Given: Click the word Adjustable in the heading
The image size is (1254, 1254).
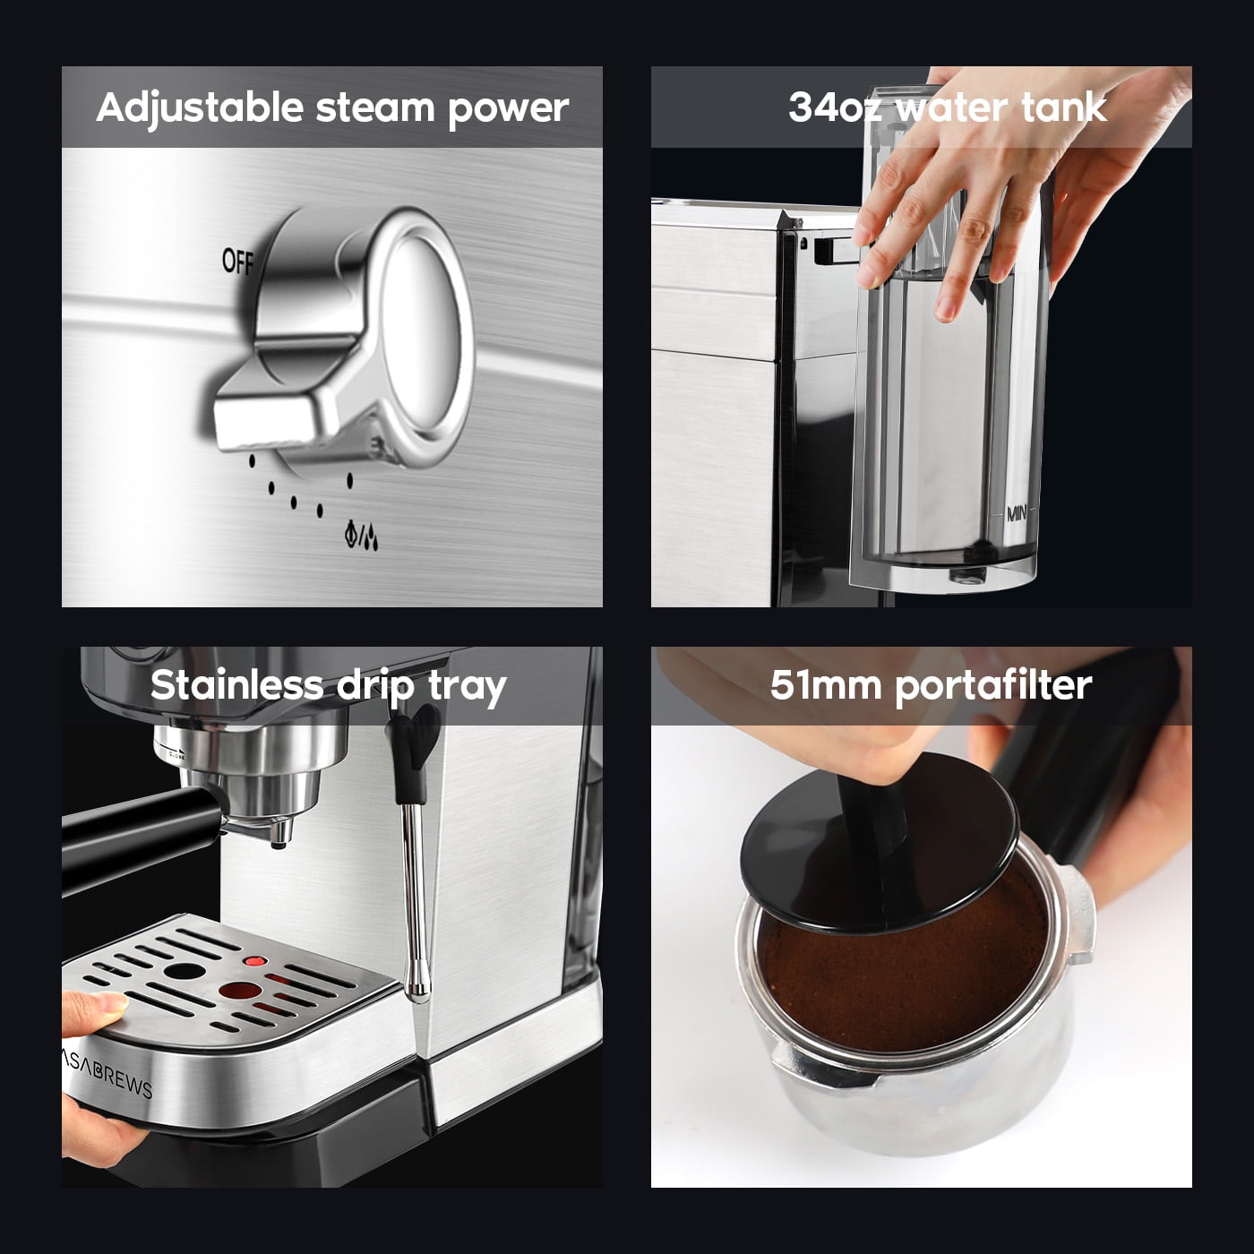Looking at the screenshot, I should pos(200,108).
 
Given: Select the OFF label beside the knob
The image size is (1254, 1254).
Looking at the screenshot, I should pos(238,262).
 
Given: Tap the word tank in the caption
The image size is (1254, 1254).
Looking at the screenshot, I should pos(1064,107).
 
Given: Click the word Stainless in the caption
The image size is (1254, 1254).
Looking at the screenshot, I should pos(236,685).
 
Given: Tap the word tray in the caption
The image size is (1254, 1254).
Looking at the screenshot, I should pos(467,687).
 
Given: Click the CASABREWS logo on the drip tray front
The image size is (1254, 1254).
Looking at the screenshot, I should pos(109,1069).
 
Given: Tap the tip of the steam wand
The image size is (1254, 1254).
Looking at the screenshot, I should pos(416,985).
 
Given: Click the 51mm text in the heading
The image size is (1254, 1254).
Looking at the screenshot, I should pos(825,685).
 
